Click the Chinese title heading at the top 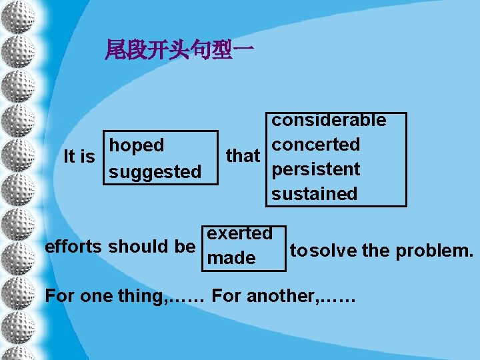click(x=179, y=49)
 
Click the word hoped click(x=137, y=145)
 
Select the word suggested click(x=155, y=172)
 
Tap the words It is click(x=79, y=157)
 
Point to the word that click(x=243, y=156)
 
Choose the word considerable click(x=328, y=120)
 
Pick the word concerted click(x=315, y=145)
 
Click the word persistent click(x=315, y=169)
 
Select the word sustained click(x=314, y=194)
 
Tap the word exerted click(x=240, y=233)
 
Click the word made click(x=231, y=258)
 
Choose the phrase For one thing click(x=105, y=296)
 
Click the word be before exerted click(x=185, y=246)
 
